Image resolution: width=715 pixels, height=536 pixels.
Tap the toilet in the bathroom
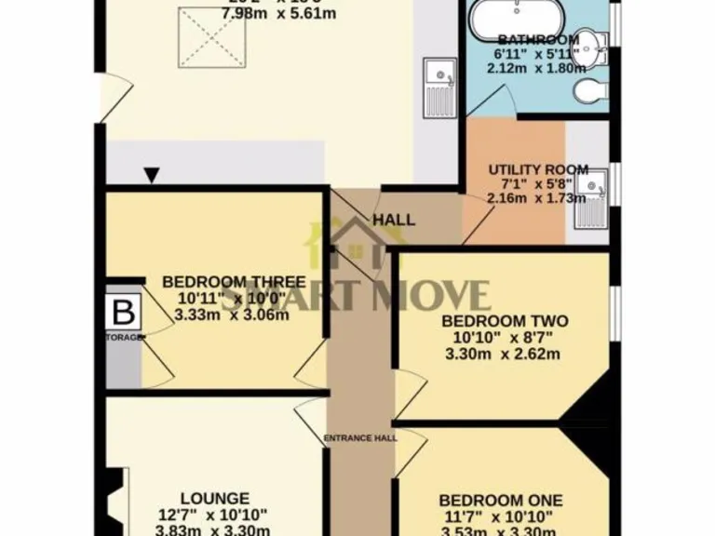pos(587,90)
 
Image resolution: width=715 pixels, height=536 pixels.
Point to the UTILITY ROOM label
pos(538,169)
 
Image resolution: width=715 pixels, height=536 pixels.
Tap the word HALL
pos(394,220)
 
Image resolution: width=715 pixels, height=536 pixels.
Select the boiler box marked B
pos(121,312)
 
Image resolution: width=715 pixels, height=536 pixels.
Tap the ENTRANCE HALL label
pos(360,437)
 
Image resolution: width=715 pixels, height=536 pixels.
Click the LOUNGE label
pos(215,498)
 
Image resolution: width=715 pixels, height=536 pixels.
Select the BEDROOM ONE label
pos(501,499)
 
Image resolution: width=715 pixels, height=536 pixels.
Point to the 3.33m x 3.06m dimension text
pos(231,314)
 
